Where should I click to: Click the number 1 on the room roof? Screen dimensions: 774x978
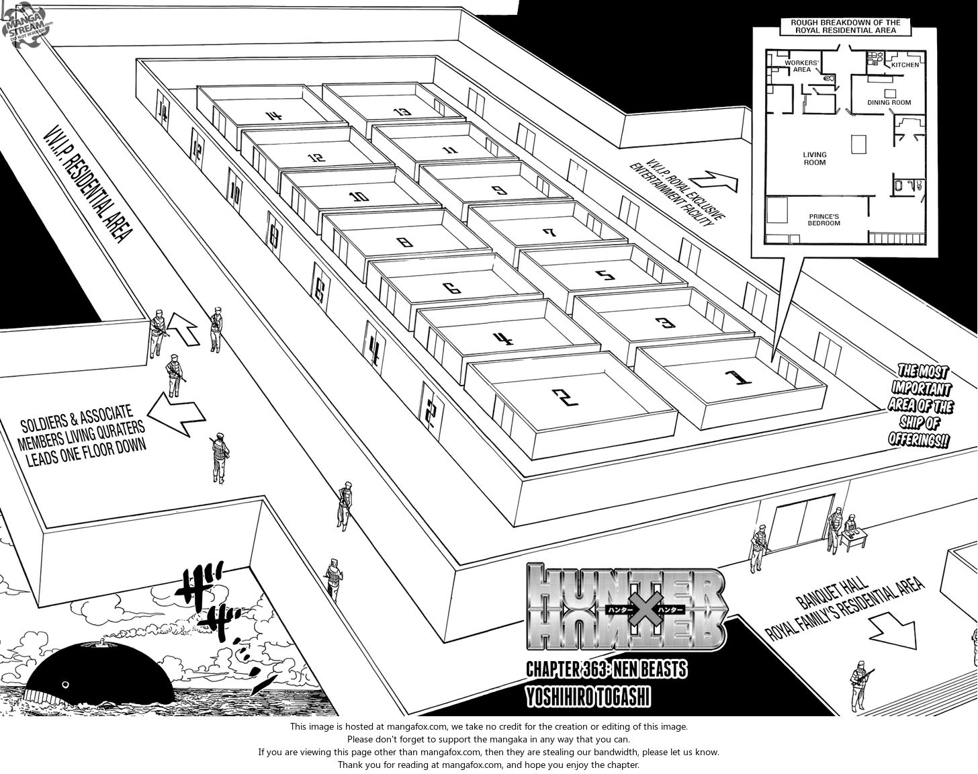click(735, 381)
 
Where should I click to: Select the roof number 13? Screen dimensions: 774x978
click(402, 112)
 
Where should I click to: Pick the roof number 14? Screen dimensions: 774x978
click(273, 116)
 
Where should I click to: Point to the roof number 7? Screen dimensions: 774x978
click(549, 233)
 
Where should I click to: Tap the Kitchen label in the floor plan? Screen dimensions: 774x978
click(905, 65)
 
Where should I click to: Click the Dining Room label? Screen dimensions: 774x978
click(889, 103)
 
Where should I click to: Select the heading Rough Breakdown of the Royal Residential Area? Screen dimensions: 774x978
click(845, 26)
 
